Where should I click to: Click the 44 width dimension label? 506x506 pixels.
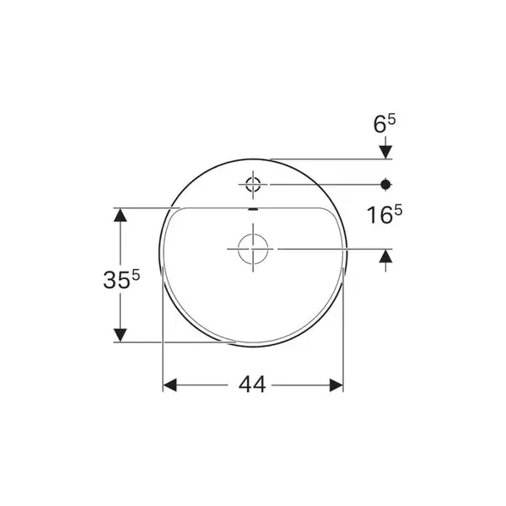tap(252, 385)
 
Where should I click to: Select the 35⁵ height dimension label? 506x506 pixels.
tap(121, 279)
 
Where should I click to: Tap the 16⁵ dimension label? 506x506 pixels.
tap(385, 214)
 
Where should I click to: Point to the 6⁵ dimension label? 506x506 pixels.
tap(385, 124)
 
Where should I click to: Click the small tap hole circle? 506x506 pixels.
tap(253, 185)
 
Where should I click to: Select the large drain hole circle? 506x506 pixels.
tap(253, 249)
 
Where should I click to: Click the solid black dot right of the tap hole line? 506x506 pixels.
tap(385, 185)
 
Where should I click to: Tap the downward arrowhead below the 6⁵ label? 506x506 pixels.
tap(385, 152)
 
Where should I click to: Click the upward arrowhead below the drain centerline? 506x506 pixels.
tap(385, 256)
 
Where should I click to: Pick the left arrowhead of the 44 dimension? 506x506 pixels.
tap(170, 385)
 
